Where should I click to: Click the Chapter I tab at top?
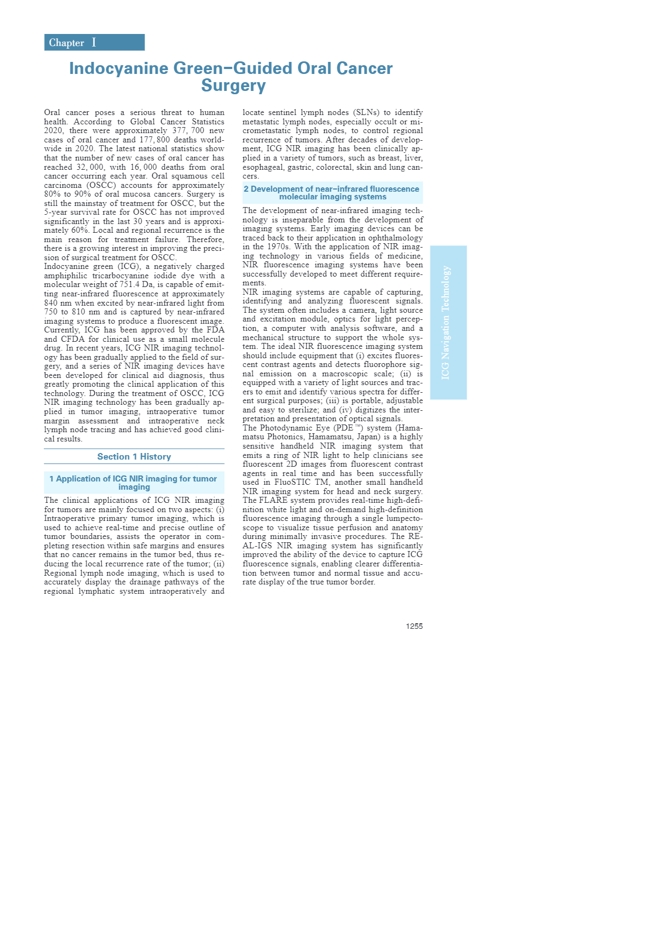[94, 43]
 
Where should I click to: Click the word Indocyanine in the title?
[118, 68]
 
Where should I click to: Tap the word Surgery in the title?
[233, 86]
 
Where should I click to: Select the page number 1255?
[414, 626]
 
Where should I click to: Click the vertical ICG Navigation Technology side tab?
[448, 322]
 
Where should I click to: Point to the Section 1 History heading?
[134, 457]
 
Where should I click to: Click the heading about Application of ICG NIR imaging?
[134, 483]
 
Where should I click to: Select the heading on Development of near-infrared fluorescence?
[332, 193]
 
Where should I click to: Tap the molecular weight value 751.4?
[130, 285]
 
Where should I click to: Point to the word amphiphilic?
[66, 276]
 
